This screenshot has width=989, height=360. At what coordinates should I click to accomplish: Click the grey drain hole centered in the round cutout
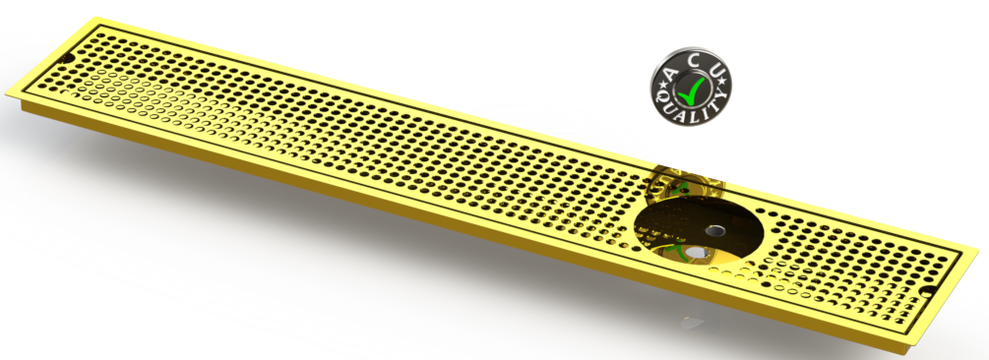click(x=712, y=229)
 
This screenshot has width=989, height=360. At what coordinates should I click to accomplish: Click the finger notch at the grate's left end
click(x=65, y=61)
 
